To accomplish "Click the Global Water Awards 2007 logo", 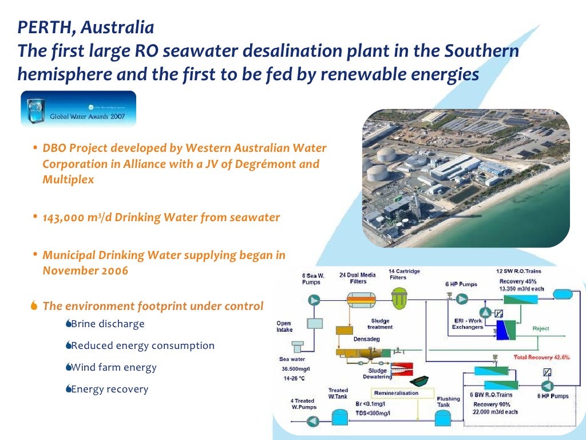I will (79, 109).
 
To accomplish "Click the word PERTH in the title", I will (40, 27).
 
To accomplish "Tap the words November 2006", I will (85, 271).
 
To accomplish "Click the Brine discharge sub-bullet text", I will (108, 324).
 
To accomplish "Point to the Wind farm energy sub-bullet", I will (113, 367).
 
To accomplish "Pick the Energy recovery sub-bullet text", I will (109, 389).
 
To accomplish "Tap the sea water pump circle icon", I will (314, 300).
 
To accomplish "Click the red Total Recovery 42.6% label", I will (541, 357).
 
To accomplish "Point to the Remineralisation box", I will (396, 393).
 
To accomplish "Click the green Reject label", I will (541, 328).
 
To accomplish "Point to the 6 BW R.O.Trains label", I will (492, 395).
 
